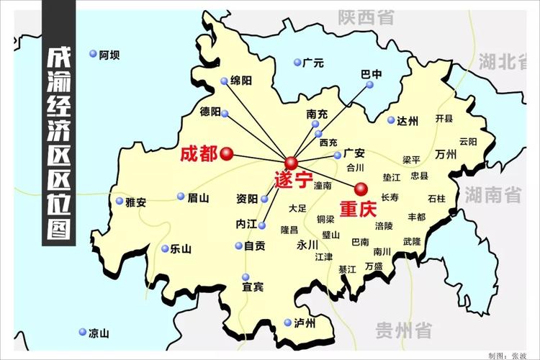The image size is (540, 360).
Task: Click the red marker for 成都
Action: [226, 153]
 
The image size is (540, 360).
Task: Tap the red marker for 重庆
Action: [361, 189]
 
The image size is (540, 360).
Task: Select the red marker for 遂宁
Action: [291, 162]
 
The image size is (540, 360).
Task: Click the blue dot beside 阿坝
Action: [93, 54]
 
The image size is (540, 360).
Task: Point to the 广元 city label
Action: [314, 63]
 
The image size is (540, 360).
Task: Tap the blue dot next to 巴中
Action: [370, 85]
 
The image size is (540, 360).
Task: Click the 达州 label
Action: [407, 121]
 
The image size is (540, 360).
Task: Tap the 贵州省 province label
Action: [403, 330]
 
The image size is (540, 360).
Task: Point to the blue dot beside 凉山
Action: [81, 333]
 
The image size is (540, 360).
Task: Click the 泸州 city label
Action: [305, 323]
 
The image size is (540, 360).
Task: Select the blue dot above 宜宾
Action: [246, 276]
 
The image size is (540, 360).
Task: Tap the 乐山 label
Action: [181, 249]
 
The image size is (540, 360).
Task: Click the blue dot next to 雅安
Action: [120, 202]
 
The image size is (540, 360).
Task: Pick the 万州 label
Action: [446, 155]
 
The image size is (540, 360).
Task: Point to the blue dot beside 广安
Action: [337, 155]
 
